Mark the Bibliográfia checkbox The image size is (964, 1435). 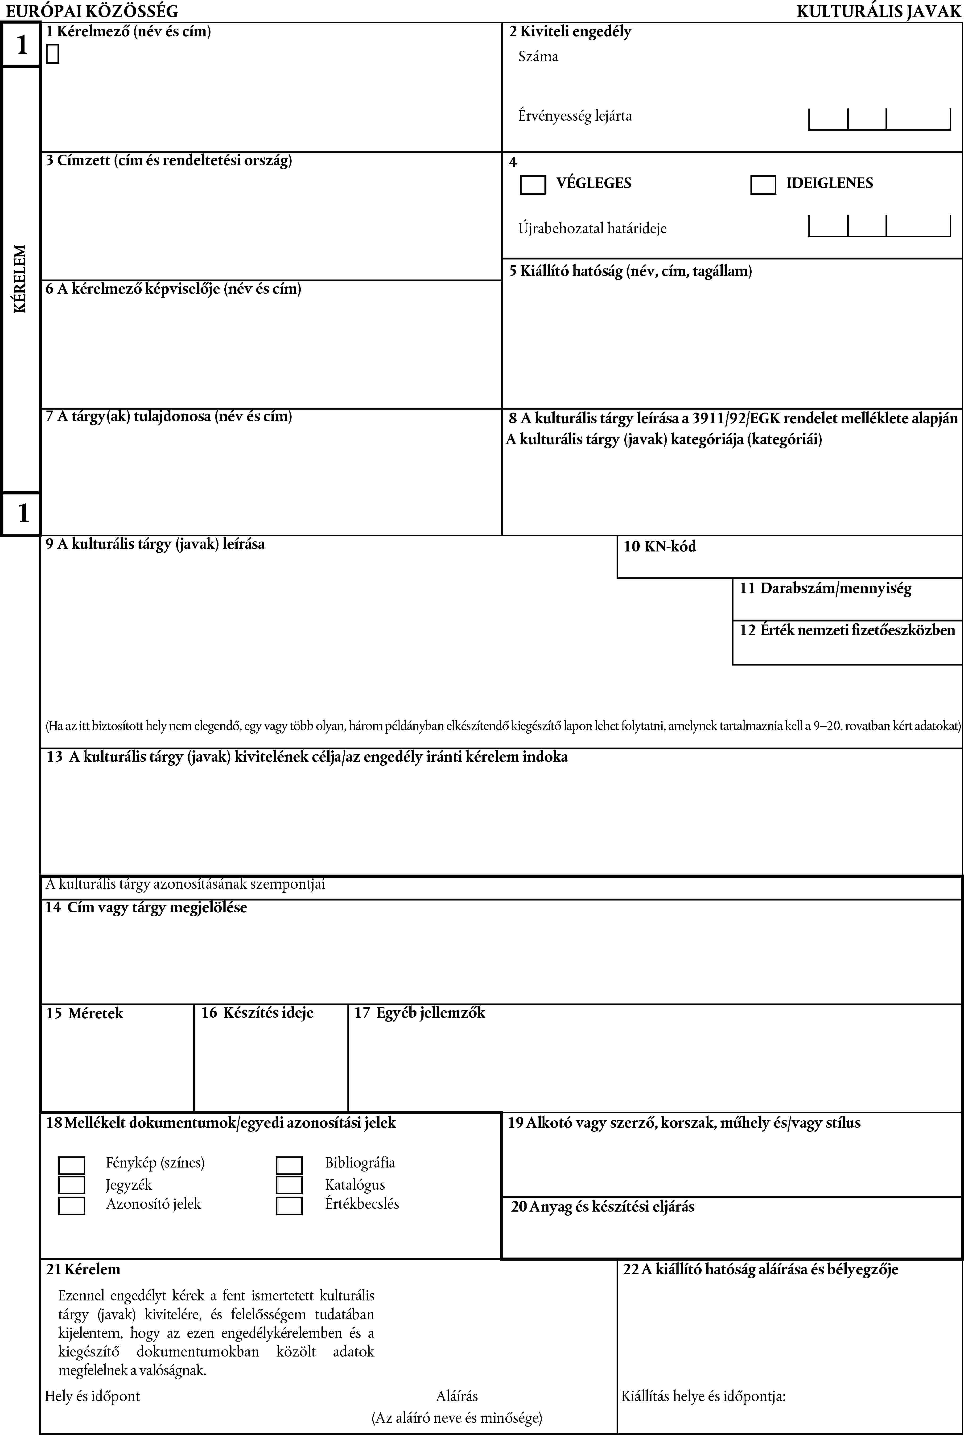tap(289, 1165)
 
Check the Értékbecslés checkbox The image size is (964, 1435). tap(289, 1205)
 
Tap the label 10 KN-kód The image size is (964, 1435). tap(660, 546)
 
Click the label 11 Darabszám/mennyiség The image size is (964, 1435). tap(825, 588)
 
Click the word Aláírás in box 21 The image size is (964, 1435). tap(457, 1396)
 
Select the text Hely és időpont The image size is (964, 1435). tap(92, 1396)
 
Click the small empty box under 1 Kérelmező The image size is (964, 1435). tap(52, 54)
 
